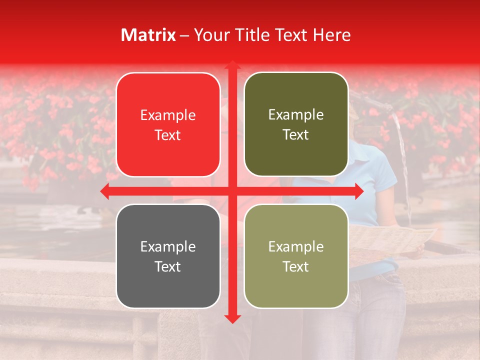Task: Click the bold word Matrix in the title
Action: point(148,35)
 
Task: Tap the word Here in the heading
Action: point(332,35)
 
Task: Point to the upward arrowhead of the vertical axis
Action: point(231,65)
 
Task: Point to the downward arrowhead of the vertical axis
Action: point(231,318)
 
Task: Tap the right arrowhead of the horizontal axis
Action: point(358,191)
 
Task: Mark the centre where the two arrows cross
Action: point(231,191)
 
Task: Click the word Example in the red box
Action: point(168,115)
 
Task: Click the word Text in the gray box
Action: point(168,266)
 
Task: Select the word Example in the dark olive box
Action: point(296,115)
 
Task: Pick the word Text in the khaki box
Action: point(296,266)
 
